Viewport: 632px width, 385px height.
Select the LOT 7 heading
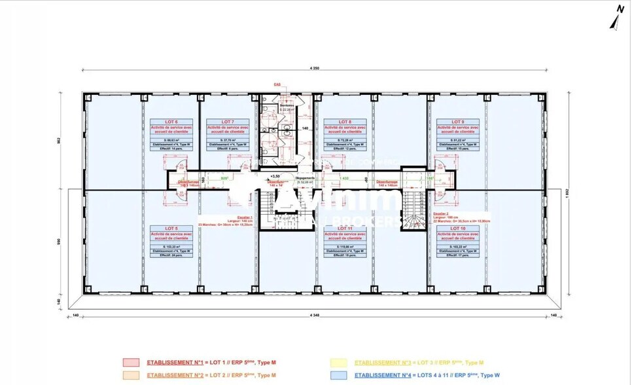click(228, 121)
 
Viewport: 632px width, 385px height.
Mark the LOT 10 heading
click(457, 228)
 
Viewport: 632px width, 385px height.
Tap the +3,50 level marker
click(275, 176)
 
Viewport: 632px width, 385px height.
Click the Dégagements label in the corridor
click(306, 177)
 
